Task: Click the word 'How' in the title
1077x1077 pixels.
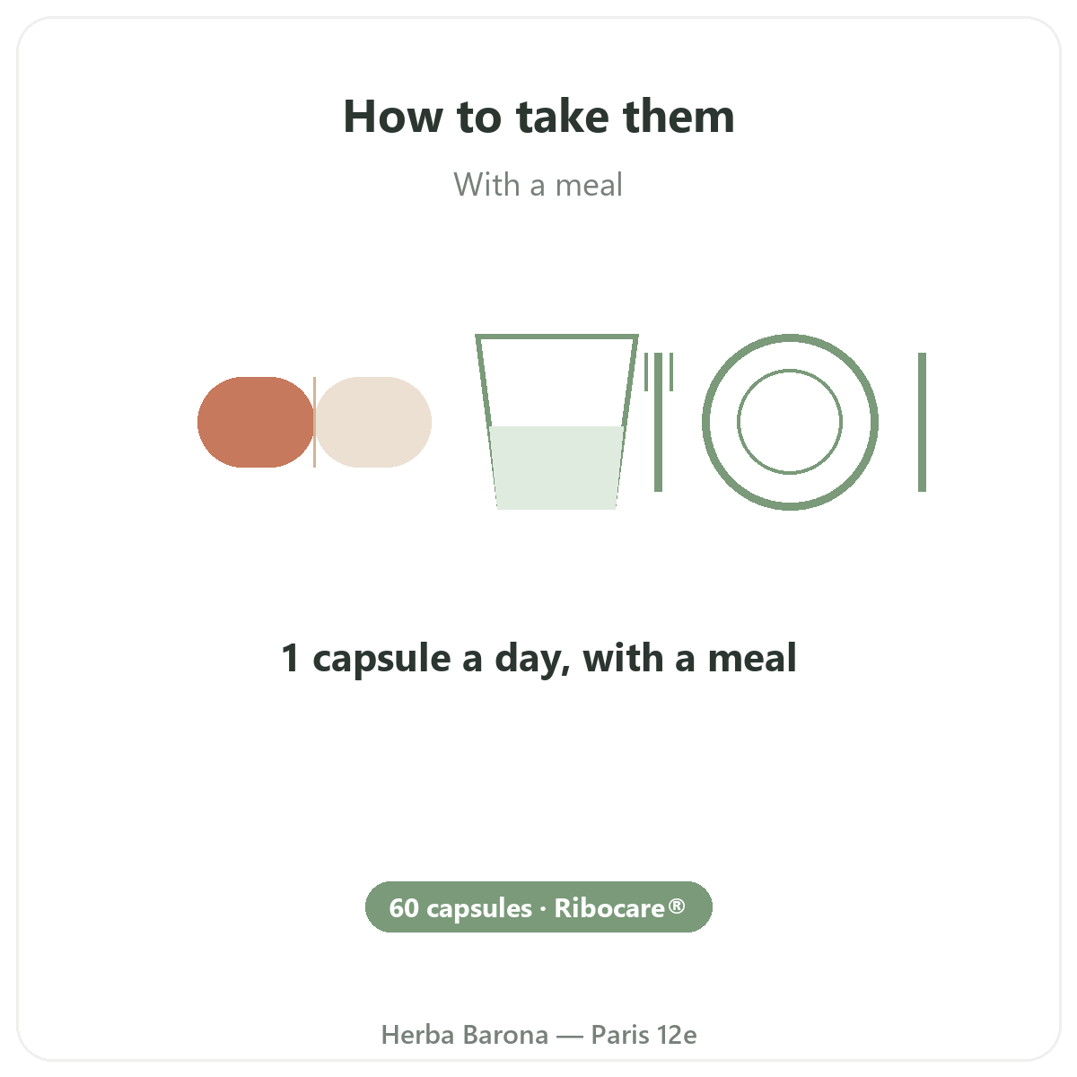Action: [393, 117]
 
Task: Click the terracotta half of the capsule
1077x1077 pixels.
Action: [256, 422]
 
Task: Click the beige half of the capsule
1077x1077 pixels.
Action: [373, 422]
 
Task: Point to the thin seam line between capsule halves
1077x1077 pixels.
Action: [315, 422]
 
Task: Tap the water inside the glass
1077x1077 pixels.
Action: [556, 468]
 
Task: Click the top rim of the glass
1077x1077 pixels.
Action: [556, 337]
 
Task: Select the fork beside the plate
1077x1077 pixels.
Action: [659, 422]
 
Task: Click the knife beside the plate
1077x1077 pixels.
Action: [923, 422]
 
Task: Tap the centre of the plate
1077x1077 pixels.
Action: [790, 422]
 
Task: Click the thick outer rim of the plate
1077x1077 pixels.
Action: [706, 422]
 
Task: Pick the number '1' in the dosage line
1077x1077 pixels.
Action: [290, 658]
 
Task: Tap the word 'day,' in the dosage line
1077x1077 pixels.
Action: [532, 659]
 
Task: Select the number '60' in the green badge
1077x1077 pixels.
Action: [404, 907]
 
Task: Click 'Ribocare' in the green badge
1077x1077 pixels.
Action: [609, 907]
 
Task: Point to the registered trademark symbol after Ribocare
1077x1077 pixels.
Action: [677, 906]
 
